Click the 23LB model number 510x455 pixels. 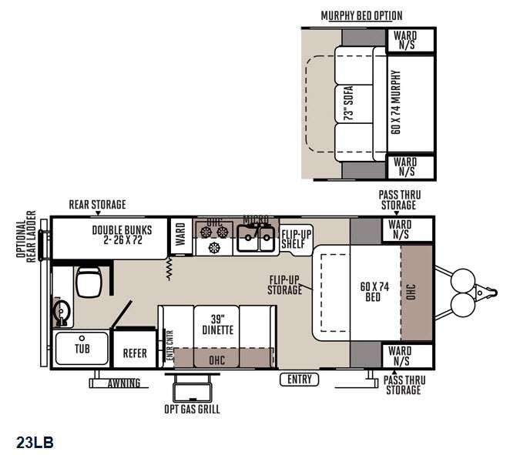[x=35, y=442]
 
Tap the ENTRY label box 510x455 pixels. [x=299, y=380]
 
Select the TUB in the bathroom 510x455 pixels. [x=82, y=349]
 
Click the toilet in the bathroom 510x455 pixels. [x=89, y=282]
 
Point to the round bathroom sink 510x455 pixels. [x=62, y=311]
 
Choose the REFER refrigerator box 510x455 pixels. [x=135, y=350]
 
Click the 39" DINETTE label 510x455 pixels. [x=218, y=325]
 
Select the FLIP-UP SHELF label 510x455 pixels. [x=297, y=239]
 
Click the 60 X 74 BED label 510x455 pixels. [x=374, y=292]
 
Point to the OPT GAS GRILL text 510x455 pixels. [x=192, y=409]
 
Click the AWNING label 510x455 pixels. [x=124, y=383]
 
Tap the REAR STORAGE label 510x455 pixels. [x=97, y=205]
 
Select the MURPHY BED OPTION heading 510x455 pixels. [x=361, y=15]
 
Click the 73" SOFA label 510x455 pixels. [x=349, y=103]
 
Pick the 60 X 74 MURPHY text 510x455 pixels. [x=396, y=102]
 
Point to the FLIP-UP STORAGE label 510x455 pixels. [x=284, y=285]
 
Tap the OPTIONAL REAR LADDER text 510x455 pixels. [x=26, y=236]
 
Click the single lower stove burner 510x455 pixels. [x=214, y=248]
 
